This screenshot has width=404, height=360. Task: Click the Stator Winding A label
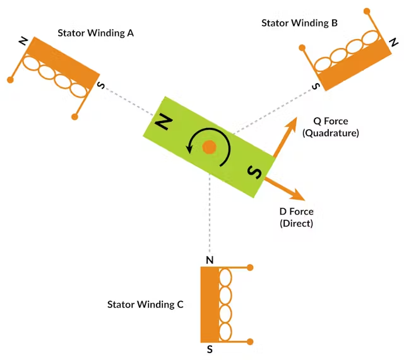click(95, 33)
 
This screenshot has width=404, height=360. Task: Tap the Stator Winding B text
click(299, 23)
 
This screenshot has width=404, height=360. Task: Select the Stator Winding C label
click(145, 305)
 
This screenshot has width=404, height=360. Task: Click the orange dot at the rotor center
click(209, 148)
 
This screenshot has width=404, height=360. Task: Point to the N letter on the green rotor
click(163, 121)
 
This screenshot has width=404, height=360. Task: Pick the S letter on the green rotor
click(254, 171)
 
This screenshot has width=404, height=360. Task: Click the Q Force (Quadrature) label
click(331, 127)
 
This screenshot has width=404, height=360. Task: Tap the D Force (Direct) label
click(296, 218)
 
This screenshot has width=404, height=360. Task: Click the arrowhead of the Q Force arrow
click(293, 123)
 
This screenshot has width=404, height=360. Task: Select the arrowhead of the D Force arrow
click(299, 195)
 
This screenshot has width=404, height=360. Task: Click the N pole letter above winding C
click(210, 260)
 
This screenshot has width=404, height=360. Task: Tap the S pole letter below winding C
click(210, 349)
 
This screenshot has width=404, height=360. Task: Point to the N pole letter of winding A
click(23, 41)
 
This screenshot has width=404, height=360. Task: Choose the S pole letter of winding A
click(101, 85)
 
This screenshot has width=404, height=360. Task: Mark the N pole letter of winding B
click(394, 42)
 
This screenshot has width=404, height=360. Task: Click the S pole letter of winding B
click(316, 86)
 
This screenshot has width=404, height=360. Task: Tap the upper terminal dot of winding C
click(250, 267)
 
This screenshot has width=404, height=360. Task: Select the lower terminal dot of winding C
click(250, 342)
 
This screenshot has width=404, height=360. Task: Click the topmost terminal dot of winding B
click(367, 11)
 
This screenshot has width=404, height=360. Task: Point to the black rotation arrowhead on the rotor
click(189, 149)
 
